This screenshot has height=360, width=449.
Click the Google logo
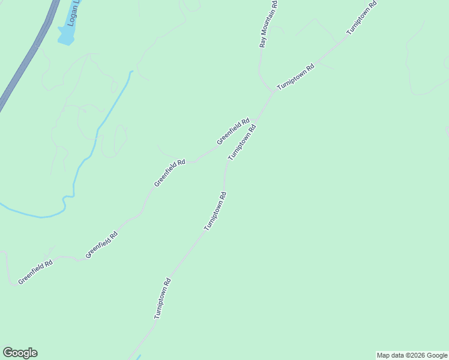click(20, 353)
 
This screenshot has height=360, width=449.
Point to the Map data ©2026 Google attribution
click(412, 355)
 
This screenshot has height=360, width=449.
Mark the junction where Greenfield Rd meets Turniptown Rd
click(257, 118)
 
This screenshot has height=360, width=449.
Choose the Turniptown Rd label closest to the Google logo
click(163, 298)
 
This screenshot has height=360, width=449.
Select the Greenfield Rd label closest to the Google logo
click(35, 271)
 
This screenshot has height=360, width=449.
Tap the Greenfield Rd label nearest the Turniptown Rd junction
click(233, 131)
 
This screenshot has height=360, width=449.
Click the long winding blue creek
click(90, 150)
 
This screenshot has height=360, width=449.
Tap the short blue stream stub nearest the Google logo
click(138, 358)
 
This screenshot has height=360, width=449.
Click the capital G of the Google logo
click(8, 353)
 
